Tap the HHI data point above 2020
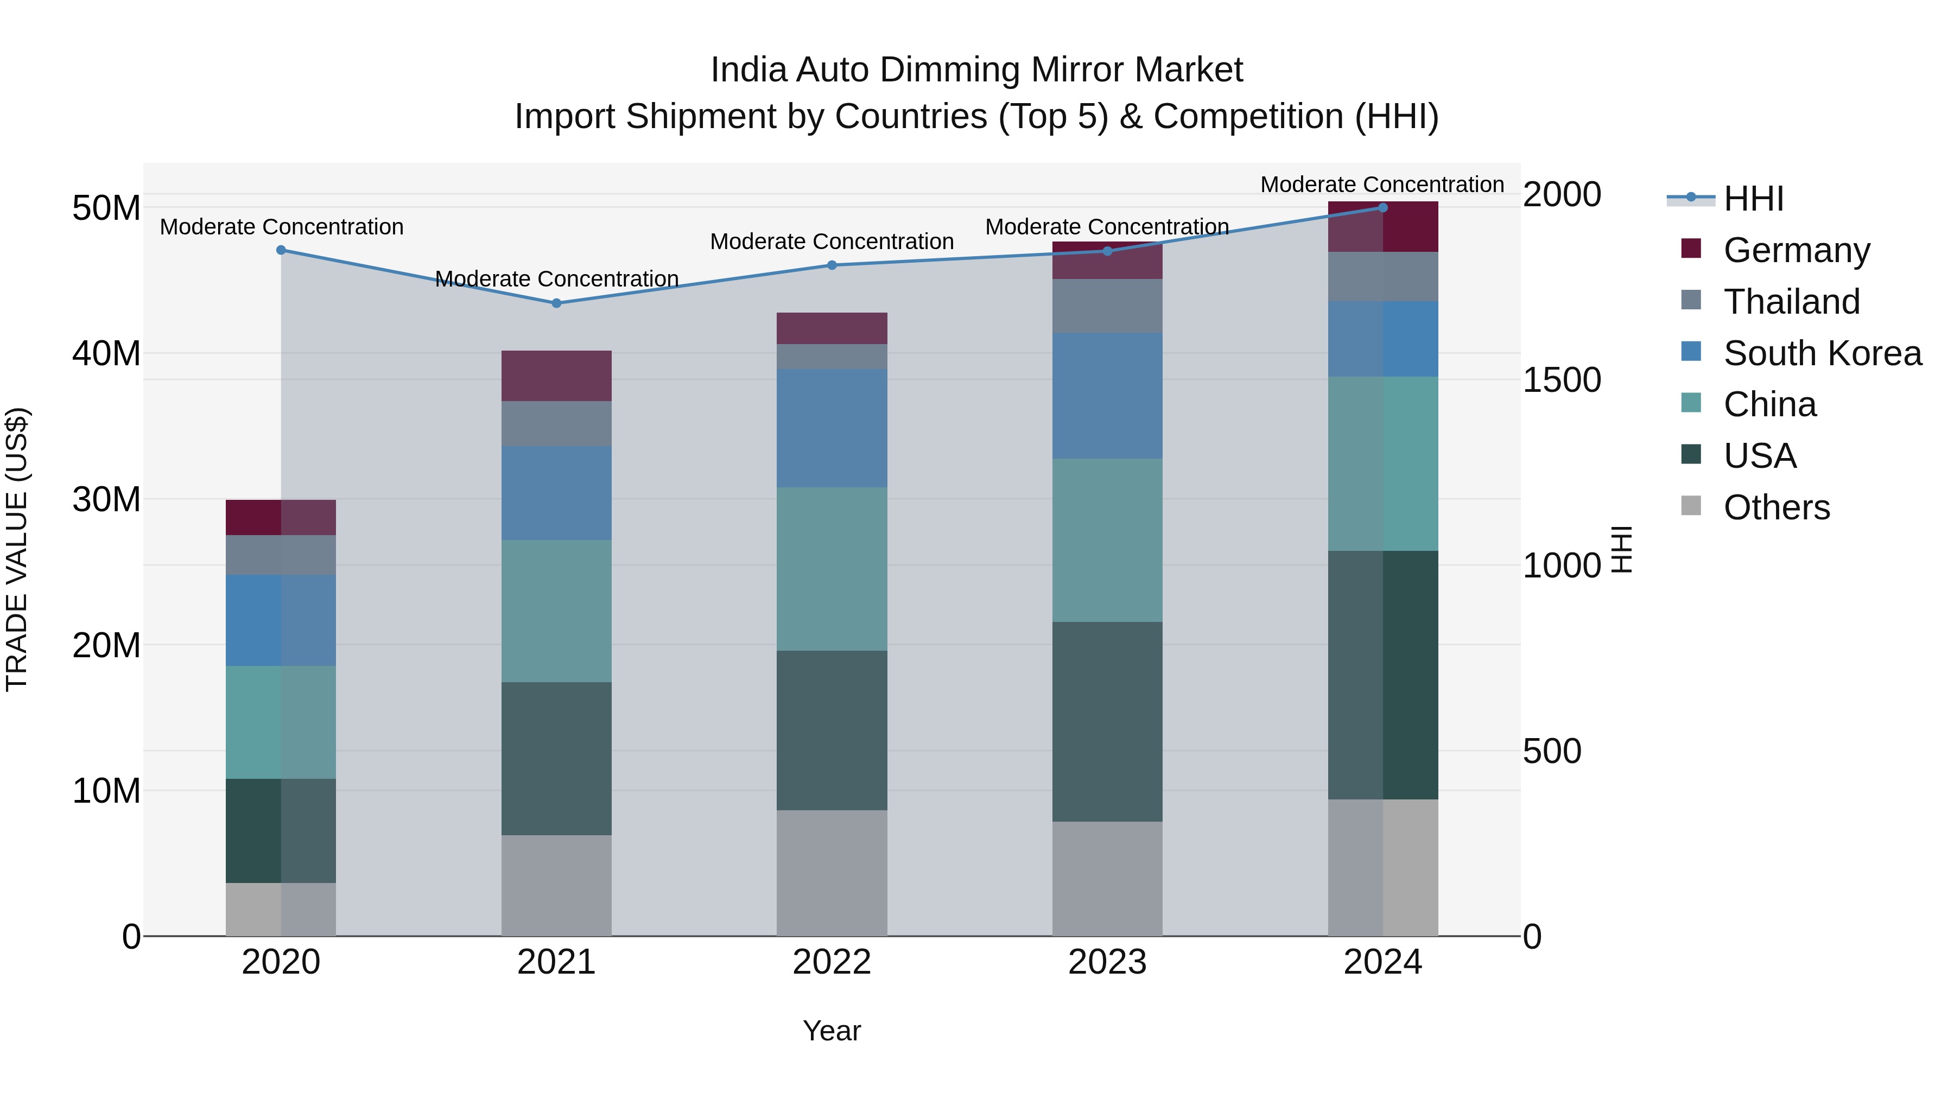(x=281, y=250)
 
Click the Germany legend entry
(x=1796, y=250)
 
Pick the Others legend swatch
(x=1691, y=506)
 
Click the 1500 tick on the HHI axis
(x=1562, y=380)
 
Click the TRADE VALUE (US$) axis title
(x=17, y=550)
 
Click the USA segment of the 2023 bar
(x=1107, y=721)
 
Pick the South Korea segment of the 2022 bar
(x=832, y=429)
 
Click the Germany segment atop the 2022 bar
(x=832, y=328)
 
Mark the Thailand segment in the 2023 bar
(x=1107, y=306)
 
